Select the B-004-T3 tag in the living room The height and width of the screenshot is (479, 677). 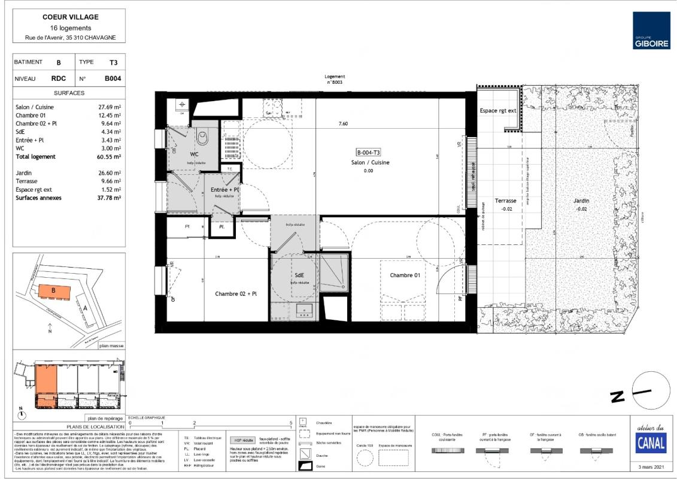tap(369, 152)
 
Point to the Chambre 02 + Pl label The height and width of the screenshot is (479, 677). tap(236, 294)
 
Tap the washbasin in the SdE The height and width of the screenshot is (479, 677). tap(304, 310)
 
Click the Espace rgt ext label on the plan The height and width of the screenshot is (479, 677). tap(498, 111)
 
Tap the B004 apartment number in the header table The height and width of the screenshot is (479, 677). tap(113, 78)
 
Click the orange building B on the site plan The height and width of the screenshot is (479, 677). tap(54, 292)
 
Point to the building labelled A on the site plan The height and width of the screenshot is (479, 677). tap(84, 307)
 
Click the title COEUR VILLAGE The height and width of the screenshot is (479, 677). tap(71, 17)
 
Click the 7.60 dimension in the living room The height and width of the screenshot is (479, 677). tap(343, 124)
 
